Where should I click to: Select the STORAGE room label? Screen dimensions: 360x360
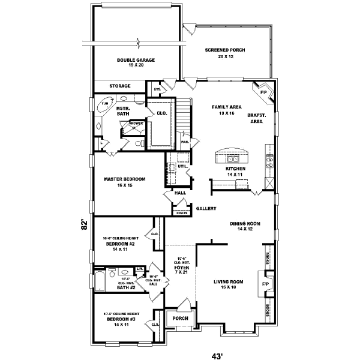[119, 86]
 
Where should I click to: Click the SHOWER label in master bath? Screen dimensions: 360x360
[136, 122]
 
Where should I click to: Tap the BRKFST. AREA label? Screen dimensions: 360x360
[256, 118]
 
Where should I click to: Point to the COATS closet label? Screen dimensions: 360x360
[181, 212]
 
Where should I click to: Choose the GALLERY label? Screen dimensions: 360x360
[206, 209]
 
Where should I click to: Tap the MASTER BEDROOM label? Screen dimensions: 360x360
[125, 182]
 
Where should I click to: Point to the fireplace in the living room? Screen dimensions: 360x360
[265, 281]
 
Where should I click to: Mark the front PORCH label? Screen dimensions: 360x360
[180, 319]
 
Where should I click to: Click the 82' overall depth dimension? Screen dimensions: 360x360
[85, 224]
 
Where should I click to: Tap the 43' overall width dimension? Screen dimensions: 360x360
[217, 355]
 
